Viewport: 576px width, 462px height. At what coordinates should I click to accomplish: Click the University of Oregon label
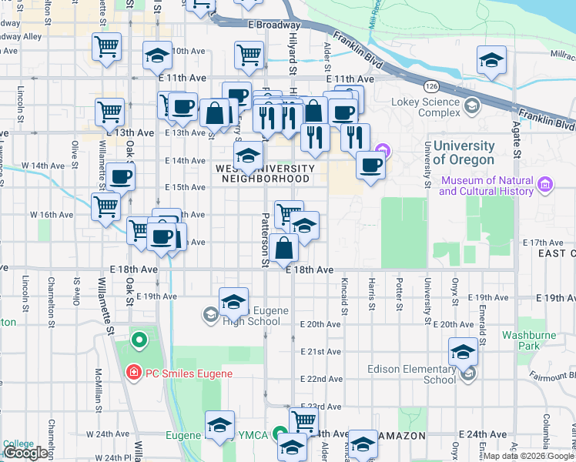click(463, 153)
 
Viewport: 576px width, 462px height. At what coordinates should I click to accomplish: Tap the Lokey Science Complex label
click(426, 107)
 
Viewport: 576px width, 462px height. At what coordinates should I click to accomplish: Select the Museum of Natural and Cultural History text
click(487, 186)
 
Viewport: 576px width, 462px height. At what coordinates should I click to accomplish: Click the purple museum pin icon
click(546, 185)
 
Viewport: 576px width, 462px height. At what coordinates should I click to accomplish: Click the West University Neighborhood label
click(266, 173)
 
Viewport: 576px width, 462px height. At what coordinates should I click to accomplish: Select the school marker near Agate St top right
click(491, 60)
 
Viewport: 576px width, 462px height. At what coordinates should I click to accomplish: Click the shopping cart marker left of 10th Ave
click(107, 45)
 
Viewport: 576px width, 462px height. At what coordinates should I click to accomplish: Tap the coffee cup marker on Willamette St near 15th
click(121, 177)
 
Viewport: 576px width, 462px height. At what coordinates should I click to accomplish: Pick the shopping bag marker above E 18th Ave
click(285, 248)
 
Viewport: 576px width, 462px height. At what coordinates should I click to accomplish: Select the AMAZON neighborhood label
click(401, 436)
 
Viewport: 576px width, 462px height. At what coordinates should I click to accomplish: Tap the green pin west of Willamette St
click(139, 339)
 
